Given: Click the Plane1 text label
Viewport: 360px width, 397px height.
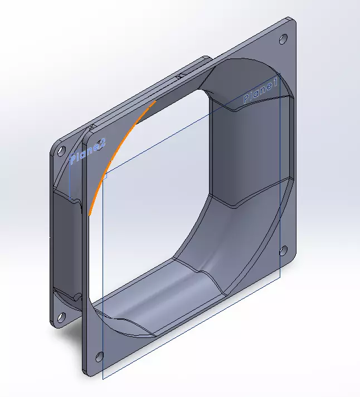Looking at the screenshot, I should [260, 92].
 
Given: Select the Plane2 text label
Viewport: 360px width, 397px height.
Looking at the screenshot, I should [87, 152].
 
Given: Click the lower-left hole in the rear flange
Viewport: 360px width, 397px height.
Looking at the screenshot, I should [60, 317].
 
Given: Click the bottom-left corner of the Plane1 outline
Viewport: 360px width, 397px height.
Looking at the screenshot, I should [104, 376].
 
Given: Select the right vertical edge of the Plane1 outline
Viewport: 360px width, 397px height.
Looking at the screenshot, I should [279, 178].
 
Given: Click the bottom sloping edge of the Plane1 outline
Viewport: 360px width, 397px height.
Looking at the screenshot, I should [192, 326].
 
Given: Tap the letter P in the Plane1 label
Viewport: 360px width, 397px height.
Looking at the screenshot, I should [247, 99].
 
